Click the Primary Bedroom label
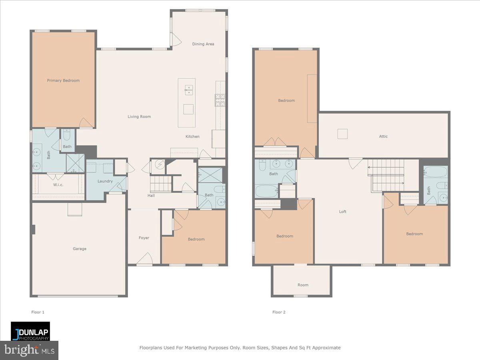click(x=63, y=80)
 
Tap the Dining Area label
click(x=203, y=44)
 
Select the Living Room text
click(x=139, y=117)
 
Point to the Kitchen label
click(x=192, y=137)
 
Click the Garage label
click(x=80, y=249)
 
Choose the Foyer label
click(x=144, y=238)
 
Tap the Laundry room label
click(x=105, y=181)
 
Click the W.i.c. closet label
click(x=58, y=185)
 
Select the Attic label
click(x=383, y=136)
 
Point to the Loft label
click(x=343, y=212)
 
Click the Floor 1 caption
click(x=38, y=312)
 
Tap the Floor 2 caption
click(x=279, y=312)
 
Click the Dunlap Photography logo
click(x=30, y=331)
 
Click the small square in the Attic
click(x=342, y=134)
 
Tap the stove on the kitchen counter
click(x=220, y=100)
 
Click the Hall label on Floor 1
click(x=151, y=196)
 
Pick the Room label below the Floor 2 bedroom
click(x=303, y=285)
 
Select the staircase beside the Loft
click(x=386, y=174)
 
